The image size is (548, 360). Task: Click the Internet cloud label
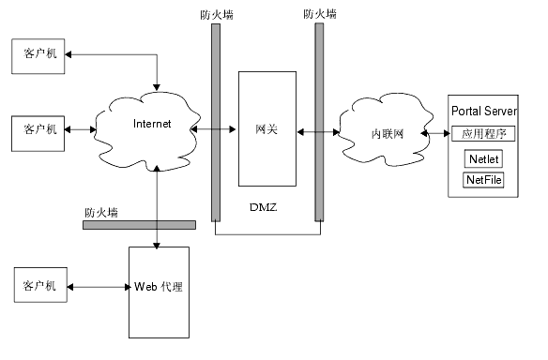pyautogui.click(x=152, y=124)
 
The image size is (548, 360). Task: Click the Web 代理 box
pyautogui.click(x=158, y=292)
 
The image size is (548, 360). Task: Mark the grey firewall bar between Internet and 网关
pyautogui.click(x=216, y=122)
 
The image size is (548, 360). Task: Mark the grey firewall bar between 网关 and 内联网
pyautogui.click(x=319, y=122)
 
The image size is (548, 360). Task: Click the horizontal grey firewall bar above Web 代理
pyautogui.click(x=139, y=225)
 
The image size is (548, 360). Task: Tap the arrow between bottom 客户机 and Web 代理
pyautogui.click(x=98, y=286)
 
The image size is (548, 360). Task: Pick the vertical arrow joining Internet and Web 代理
pyautogui.click(x=158, y=206)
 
